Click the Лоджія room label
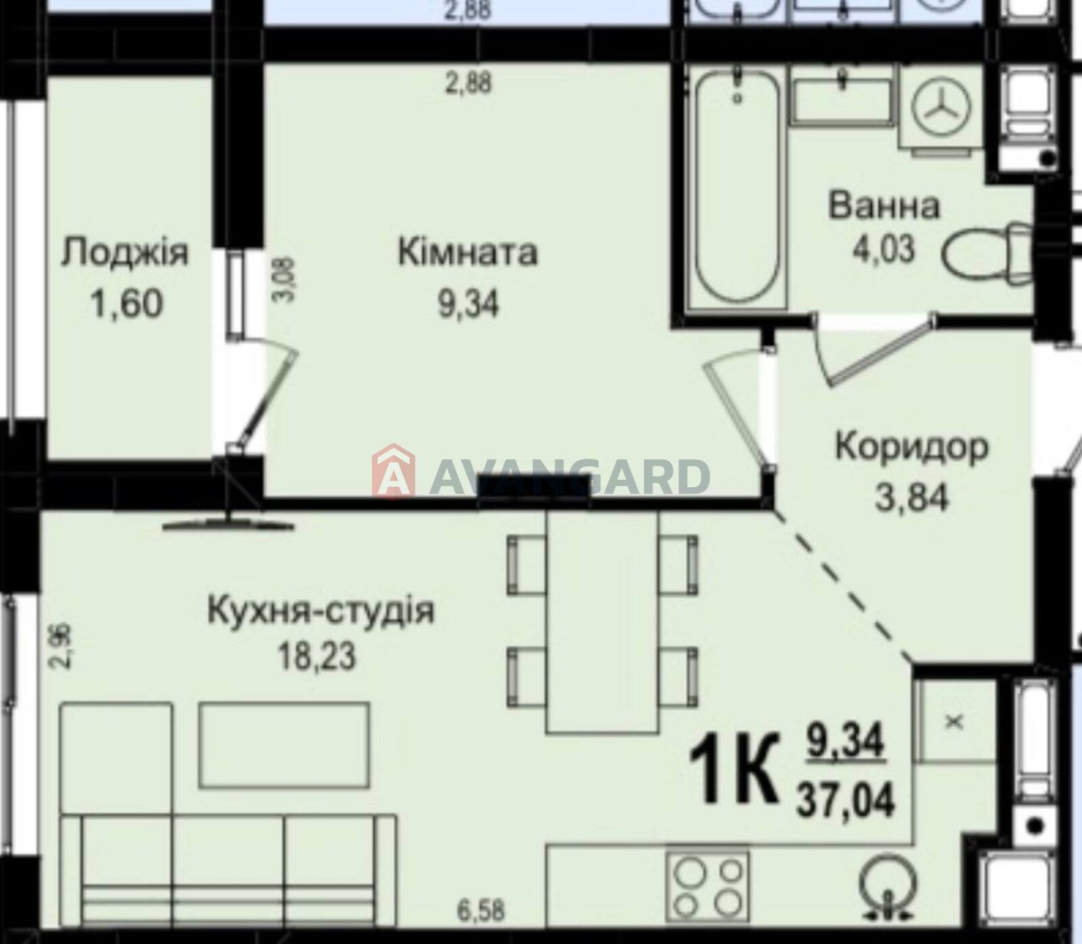(125, 254)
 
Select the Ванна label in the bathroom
(885, 206)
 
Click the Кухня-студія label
(321, 610)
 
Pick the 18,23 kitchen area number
(316, 655)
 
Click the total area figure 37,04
(846, 801)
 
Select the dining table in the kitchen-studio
(602, 621)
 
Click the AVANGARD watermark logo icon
(394, 471)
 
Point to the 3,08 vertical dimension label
(287, 279)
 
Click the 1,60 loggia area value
(126, 304)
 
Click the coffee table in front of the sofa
(284, 744)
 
